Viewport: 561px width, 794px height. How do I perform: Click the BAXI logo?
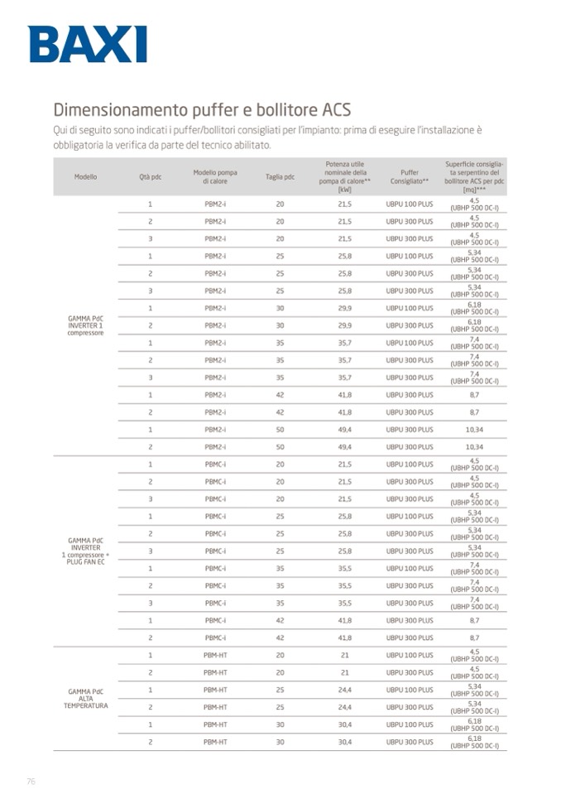click(87, 44)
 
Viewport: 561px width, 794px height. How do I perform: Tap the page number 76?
click(31, 781)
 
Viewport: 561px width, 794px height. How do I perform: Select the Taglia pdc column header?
click(280, 177)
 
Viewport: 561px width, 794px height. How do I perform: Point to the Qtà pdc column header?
click(150, 177)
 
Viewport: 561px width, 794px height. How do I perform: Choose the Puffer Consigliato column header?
click(409, 177)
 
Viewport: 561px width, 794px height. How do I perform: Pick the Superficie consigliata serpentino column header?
click(474, 177)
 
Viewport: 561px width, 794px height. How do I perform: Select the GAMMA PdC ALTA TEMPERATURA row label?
click(85, 698)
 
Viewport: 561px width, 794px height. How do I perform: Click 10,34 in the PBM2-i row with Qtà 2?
click(474, 447)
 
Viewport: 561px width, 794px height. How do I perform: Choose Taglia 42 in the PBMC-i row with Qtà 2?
click(280, 638)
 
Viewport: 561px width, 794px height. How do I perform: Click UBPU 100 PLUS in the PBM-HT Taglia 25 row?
click(409, 690)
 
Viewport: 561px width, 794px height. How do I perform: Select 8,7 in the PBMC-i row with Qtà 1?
click(474, 620)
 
